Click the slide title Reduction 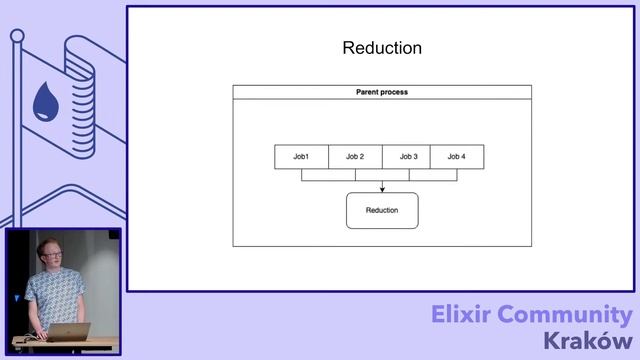[x=382, y=48]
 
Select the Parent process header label [x=382, y=92]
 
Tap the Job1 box [x=301, y=157]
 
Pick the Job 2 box [x=355, y=157]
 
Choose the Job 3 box [x=408, y=157]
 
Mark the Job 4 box [x=456, y=157]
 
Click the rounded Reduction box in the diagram [x=382, y=210]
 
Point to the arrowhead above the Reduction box [x=382, y=188]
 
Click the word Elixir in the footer [x=469, y=315]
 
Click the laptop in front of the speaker [x=68, y=332]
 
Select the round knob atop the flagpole [x=17, y=36]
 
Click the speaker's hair [x=48, y=243]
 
